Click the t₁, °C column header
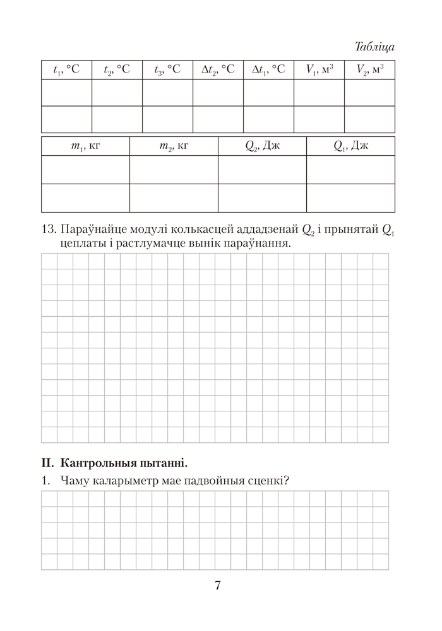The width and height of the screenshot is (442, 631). pos(66,70)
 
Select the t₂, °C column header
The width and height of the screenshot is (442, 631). pos(117,70)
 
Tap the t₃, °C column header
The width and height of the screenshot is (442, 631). pos(167,70)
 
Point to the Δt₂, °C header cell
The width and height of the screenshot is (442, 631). pos(218,70)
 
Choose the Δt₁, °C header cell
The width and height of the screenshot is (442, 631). pos(268,70)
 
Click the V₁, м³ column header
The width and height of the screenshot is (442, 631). pos(319,70)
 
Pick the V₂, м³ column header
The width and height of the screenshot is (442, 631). pos(369,70)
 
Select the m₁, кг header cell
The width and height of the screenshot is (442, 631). pos(85,146)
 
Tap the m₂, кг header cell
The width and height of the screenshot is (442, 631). pos(174,146)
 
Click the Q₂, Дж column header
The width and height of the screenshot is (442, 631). pos(262,146)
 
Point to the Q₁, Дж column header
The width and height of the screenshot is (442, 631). pos(350,146)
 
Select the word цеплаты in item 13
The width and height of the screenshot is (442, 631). pos(80,243)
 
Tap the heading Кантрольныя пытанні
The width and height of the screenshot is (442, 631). pos(124,462)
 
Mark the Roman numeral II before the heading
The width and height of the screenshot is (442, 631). pos(47,462)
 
